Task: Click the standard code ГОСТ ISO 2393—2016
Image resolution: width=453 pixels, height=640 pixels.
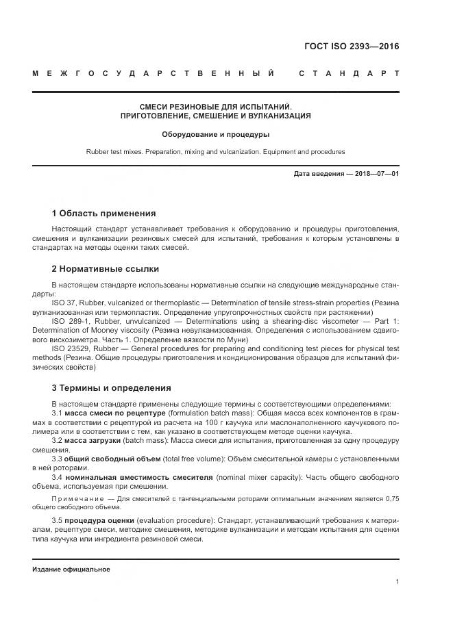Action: point(352,47)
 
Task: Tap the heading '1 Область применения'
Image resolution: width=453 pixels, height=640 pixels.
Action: point(103,214)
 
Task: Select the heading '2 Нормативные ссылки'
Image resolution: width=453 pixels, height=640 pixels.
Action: point(105,269)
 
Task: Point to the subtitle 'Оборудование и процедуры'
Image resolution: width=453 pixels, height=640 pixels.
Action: point(215,134)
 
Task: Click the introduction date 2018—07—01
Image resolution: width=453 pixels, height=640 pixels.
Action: point(376,174)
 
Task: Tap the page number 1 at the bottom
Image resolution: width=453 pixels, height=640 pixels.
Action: point(397,581)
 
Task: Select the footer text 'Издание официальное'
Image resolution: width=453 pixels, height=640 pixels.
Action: point(71,569)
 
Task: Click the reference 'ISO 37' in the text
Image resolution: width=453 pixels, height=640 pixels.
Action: point(62,302)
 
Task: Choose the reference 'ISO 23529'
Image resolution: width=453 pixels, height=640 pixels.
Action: point(67,348)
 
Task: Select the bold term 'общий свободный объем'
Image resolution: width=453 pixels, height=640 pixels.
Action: point(108,459)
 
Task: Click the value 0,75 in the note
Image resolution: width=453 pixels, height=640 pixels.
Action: point(391,499)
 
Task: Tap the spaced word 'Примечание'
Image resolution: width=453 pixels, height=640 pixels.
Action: point(75,499)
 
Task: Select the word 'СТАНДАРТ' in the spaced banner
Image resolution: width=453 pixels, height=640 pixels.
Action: point(349,73)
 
